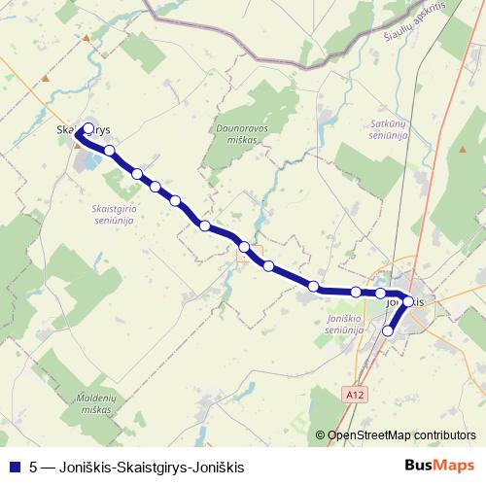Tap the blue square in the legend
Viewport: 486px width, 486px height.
[14, 467]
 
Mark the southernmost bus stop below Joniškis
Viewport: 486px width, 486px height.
[389, 331]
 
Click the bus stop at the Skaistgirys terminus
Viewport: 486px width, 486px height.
[88, 128]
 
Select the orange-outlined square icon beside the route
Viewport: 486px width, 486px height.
[242, 256]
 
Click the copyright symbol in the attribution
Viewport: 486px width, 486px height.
[321, 434]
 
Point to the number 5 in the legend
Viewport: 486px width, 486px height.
[33, 467]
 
